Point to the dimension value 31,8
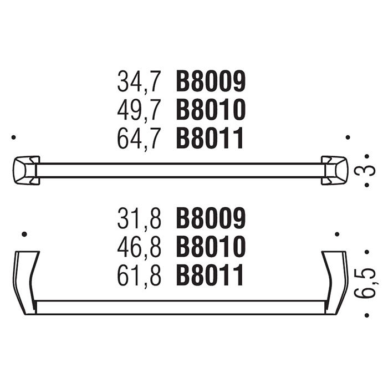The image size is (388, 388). pyautogui.click(x=139, y=218)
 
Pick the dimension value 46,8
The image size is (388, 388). pyautogui.click(x=139, y=247)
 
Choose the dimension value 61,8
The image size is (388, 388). pyautogui.click(x=139, y=275)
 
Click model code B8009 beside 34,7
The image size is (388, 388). pyautogui.click(x=211, y=81)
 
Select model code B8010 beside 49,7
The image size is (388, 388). pyautogui.click(x=211, y=109)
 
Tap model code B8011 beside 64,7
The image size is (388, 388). pyautogui.click(x=210, y=138)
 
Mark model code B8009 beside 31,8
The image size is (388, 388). pyautogui.click(x=211, y=218)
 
